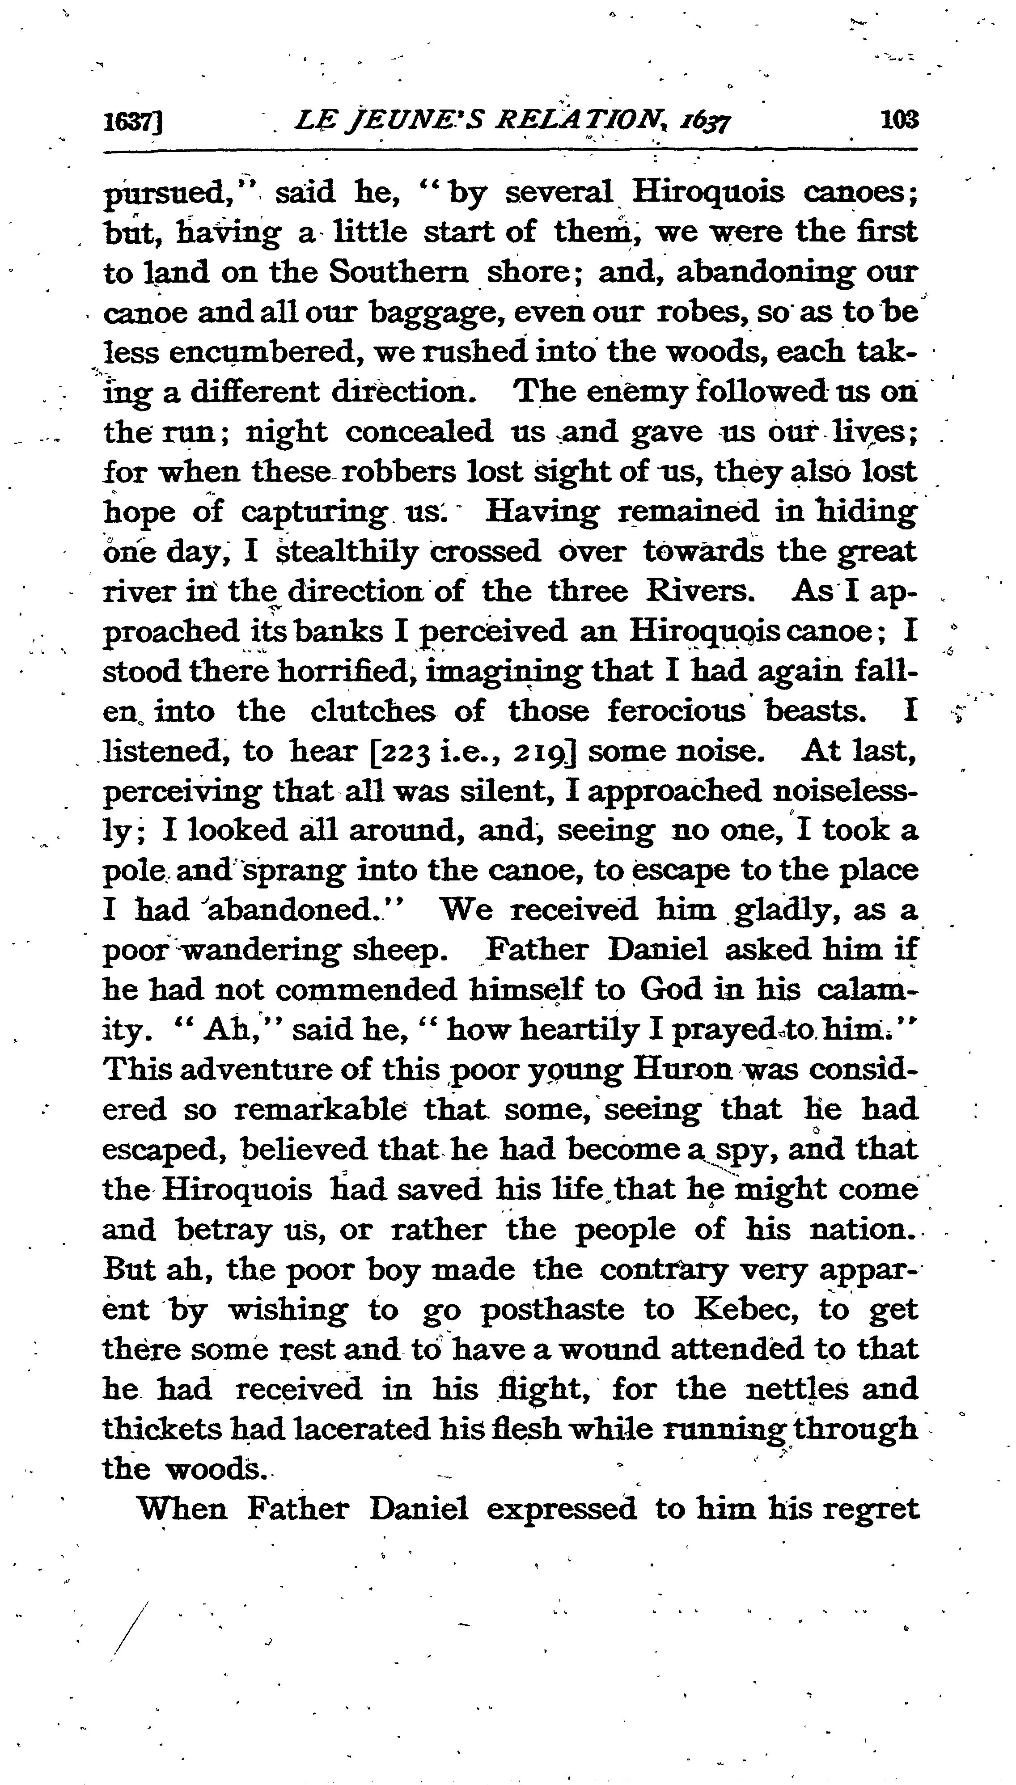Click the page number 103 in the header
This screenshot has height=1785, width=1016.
899,120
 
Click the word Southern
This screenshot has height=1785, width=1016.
398,272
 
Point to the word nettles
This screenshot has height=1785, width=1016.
796,1389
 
